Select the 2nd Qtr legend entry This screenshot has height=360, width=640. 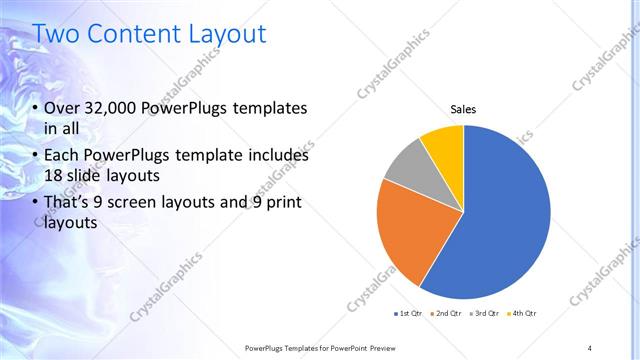(445, 314)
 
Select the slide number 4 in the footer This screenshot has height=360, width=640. (589, 347)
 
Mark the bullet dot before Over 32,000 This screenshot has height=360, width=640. (35, 109)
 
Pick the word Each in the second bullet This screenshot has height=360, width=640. (63, 156)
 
